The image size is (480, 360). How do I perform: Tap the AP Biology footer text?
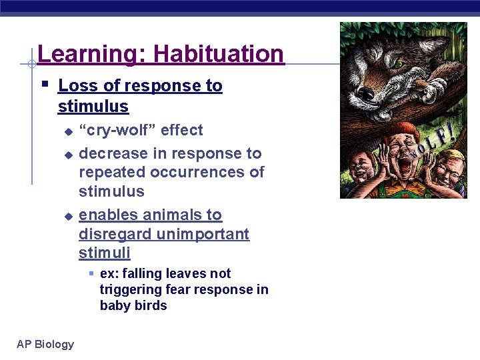click(x=45, y=344)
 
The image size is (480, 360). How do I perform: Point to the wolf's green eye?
click(x=399, y=64)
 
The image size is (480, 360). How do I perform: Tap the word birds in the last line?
click(x=152, y=306)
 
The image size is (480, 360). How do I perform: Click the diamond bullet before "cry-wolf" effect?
click(x=67, y=131)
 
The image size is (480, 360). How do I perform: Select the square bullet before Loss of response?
click(x=44, y=85)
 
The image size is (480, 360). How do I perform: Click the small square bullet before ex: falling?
click(x=91, y=274)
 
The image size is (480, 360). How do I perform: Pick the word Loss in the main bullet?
click(x=74, y=86)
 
